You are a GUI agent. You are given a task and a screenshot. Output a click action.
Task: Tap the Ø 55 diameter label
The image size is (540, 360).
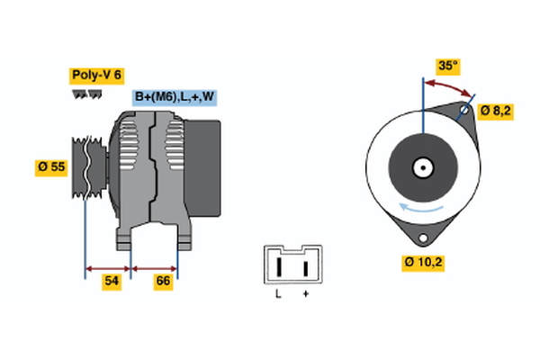53,166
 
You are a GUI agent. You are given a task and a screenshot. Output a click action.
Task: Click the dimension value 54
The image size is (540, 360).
112,282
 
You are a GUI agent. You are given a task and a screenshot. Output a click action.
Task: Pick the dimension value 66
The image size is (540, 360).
163,282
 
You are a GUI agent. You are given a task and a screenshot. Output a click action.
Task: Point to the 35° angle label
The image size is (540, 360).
447,66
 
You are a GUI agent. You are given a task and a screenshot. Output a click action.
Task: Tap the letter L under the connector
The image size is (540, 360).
278,293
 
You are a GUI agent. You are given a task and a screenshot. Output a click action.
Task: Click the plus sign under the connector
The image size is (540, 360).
306,293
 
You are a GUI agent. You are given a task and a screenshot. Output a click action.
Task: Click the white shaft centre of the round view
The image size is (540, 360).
421,167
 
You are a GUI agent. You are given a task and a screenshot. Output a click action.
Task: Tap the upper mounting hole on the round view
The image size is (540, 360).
465,112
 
